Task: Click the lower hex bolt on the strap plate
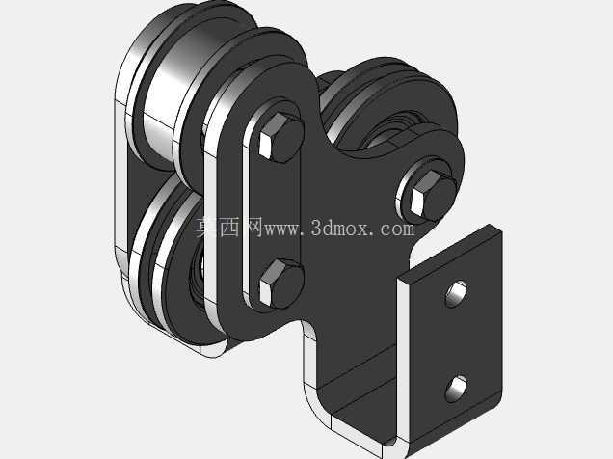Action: [x=280, y=283]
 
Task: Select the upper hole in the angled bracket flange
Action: [x=456, y=293]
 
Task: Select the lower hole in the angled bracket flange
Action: [x=456, y=389]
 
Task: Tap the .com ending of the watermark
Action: [x=394, y=229]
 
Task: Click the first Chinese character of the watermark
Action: [x=205, y=228]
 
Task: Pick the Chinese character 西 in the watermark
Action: [x=229, y=228]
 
